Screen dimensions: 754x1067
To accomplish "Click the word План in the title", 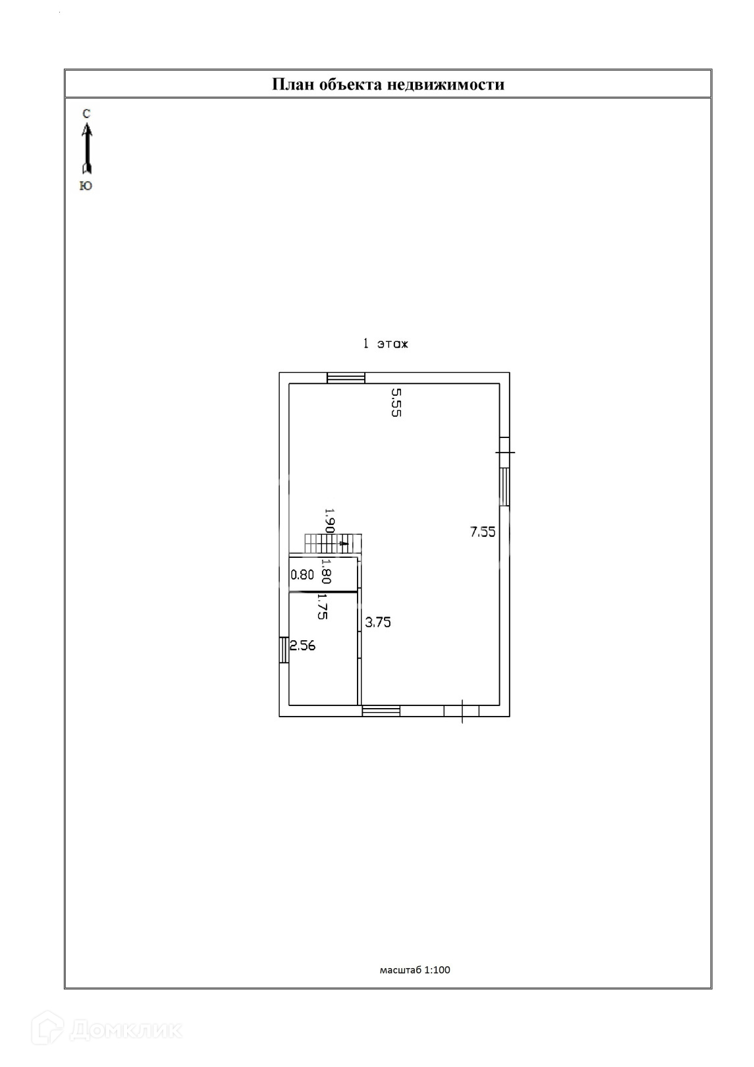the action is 293,84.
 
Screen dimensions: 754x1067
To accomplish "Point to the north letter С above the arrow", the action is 86,114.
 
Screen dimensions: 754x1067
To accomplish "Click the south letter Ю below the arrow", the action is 86,186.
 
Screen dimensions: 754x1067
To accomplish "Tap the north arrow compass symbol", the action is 86,149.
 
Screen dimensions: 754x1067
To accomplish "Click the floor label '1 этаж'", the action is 385,344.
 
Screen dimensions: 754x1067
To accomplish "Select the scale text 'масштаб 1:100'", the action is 415,970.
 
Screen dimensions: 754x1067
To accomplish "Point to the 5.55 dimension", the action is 396,402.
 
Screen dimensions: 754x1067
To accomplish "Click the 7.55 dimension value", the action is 483,532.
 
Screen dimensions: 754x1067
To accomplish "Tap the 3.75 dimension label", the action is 378,622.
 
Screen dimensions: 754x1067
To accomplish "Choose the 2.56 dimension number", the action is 303,645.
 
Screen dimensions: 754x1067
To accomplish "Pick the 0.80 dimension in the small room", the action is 302,574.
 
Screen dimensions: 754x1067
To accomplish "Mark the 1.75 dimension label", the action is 323,607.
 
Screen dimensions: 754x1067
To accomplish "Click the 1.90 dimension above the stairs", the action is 330,520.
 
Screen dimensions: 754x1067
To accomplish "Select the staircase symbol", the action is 333,544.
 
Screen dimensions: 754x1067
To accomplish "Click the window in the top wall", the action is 346,377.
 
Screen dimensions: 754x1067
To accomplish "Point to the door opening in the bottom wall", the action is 461,711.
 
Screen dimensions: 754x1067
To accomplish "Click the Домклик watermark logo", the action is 112,1029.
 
